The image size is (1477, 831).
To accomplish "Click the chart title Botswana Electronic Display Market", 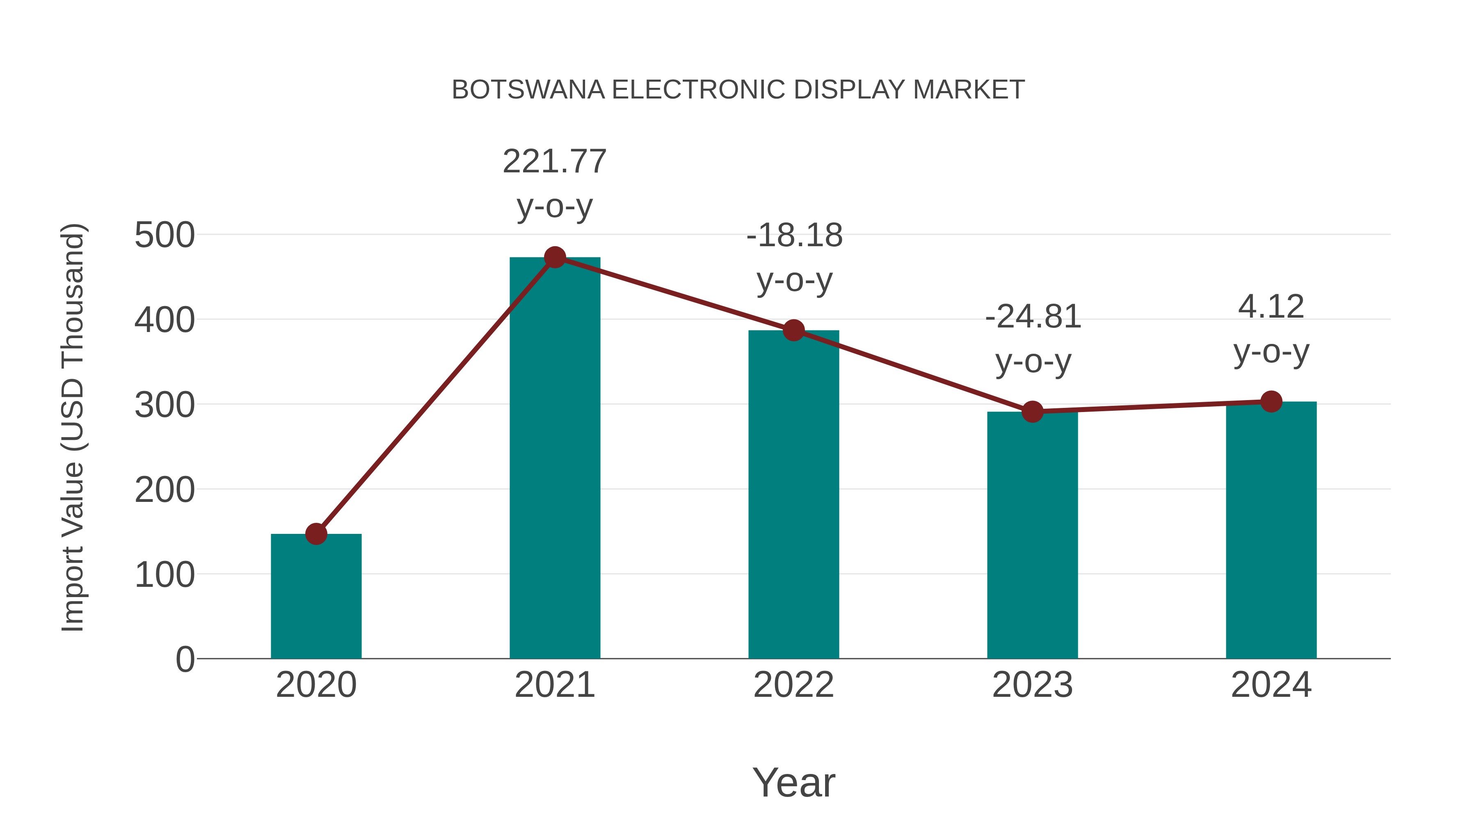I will click(738, 90).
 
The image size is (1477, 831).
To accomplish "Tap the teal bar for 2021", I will click(554, 459).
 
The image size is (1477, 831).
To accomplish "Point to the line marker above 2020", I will click(316, 534).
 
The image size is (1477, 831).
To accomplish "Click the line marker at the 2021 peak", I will click(554, 257).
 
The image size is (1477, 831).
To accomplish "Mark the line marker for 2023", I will click(1032, 412).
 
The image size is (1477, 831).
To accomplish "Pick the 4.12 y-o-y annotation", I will click(1271, 329).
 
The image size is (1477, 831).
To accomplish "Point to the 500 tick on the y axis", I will click(165, 235).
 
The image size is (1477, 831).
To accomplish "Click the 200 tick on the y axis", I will click(165, 490).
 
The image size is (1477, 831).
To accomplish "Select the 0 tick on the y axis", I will click(185, 659).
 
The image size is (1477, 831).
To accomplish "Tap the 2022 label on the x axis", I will click(793, 685).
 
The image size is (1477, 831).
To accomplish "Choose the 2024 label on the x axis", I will click(1271, 685).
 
